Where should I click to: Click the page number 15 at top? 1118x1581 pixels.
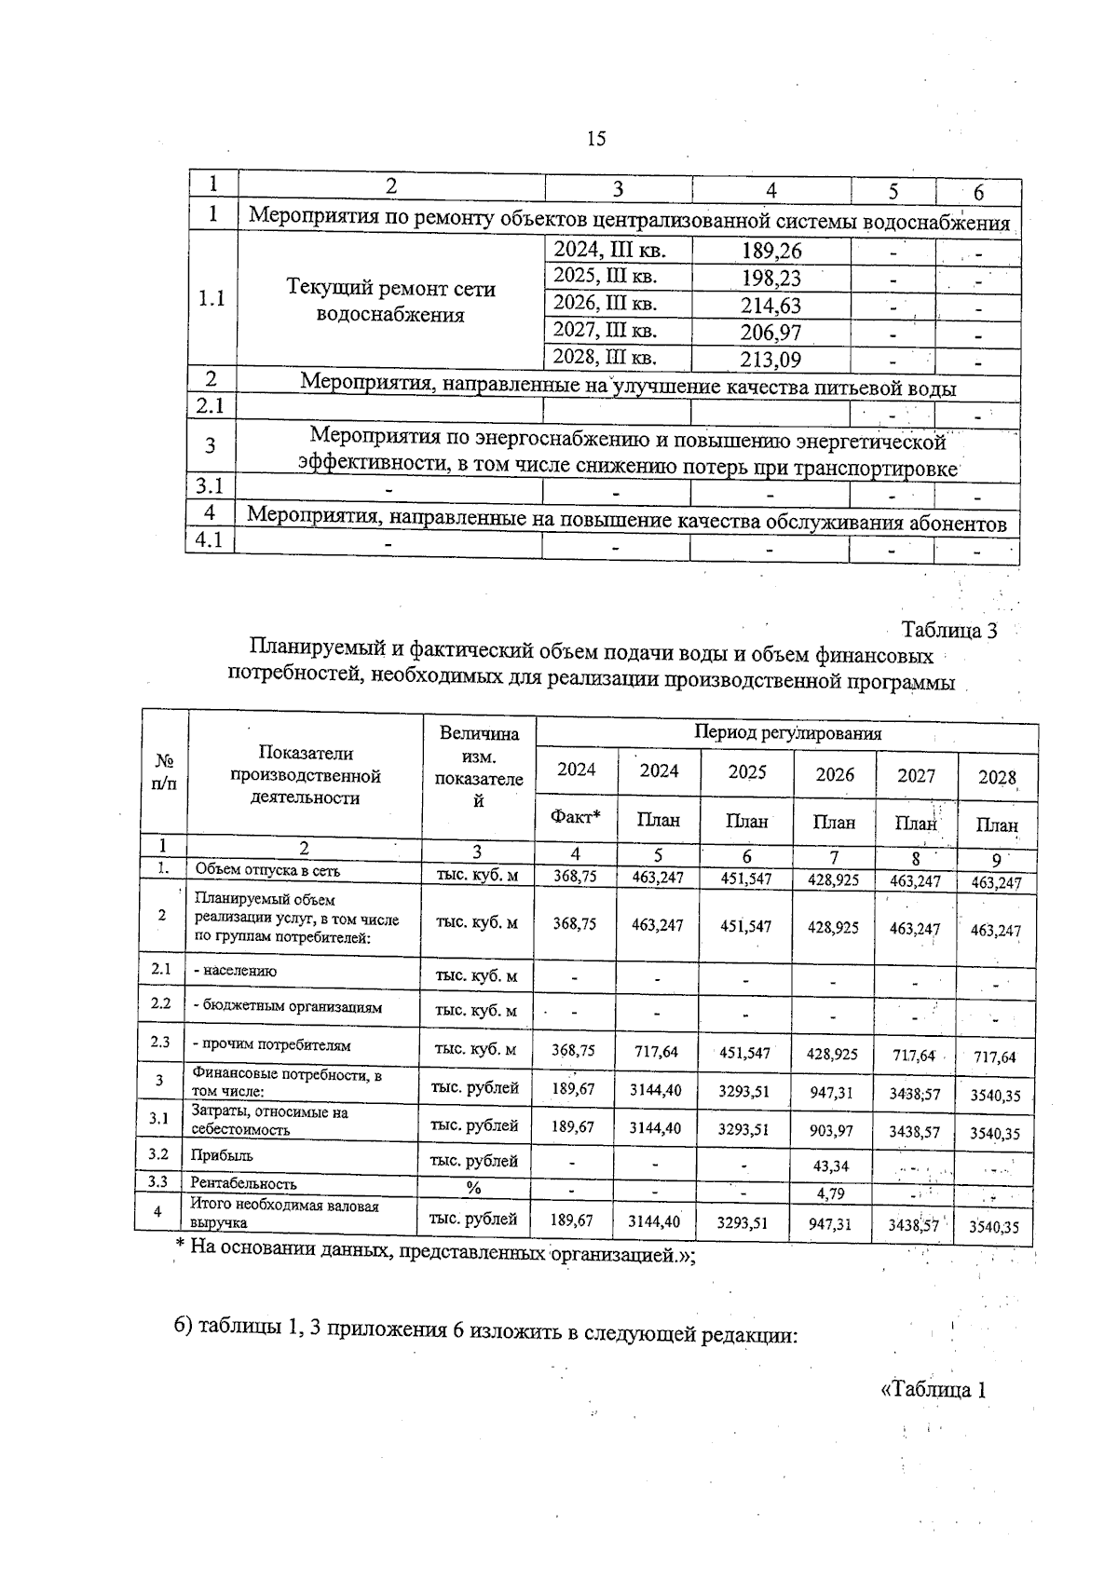596,140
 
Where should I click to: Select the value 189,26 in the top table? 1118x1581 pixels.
770,252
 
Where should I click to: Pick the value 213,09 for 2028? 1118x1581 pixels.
770,360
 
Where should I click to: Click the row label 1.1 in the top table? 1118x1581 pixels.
212,299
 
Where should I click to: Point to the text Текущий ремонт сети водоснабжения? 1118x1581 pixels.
390,301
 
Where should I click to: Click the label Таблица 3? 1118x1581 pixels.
949,631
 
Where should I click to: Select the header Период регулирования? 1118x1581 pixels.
787,733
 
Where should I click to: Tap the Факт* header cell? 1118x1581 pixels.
575,818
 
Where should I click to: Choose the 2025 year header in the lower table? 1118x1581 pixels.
746,772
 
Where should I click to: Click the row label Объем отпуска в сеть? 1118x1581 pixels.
266,871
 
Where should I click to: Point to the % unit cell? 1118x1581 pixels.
473,1188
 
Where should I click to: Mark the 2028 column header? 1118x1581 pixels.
996,778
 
